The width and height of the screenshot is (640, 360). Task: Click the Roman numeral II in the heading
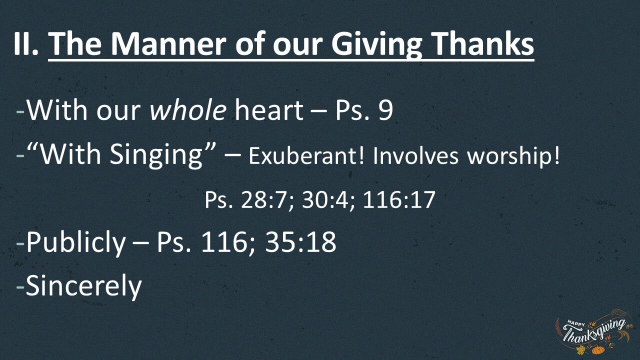pyautogui.click(x=26, y=44)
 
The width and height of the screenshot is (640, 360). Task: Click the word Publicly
pyautogui.click(x=76, y=243)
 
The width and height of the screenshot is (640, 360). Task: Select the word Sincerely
pyautogui.click(x=84, y=285)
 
